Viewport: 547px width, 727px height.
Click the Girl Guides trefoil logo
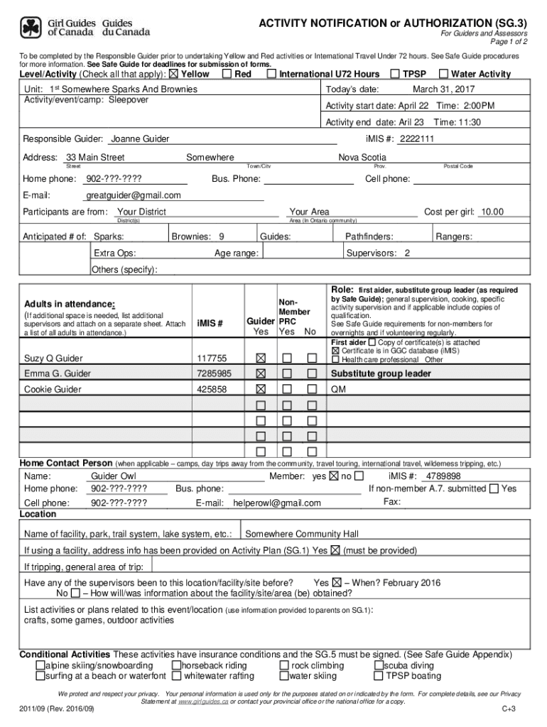pos(31,28)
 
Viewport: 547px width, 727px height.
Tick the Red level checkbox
pos(227,74)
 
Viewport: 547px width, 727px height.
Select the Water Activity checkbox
pos(444,74)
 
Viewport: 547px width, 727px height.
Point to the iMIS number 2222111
pos(417,139)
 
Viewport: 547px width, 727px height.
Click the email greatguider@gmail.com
pos(134,195)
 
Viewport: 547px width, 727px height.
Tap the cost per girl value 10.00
pos(492,212)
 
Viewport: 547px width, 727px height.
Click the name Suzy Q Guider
pos(54,358)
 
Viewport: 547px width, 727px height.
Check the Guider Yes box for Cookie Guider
pos(261,389)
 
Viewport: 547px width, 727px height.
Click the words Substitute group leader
pos(381,373)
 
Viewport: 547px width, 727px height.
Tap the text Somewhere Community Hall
pos(302,534)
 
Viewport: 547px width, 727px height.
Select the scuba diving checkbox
pos(378,666)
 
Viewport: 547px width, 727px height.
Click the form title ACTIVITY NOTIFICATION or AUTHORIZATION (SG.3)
pos(393,24)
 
